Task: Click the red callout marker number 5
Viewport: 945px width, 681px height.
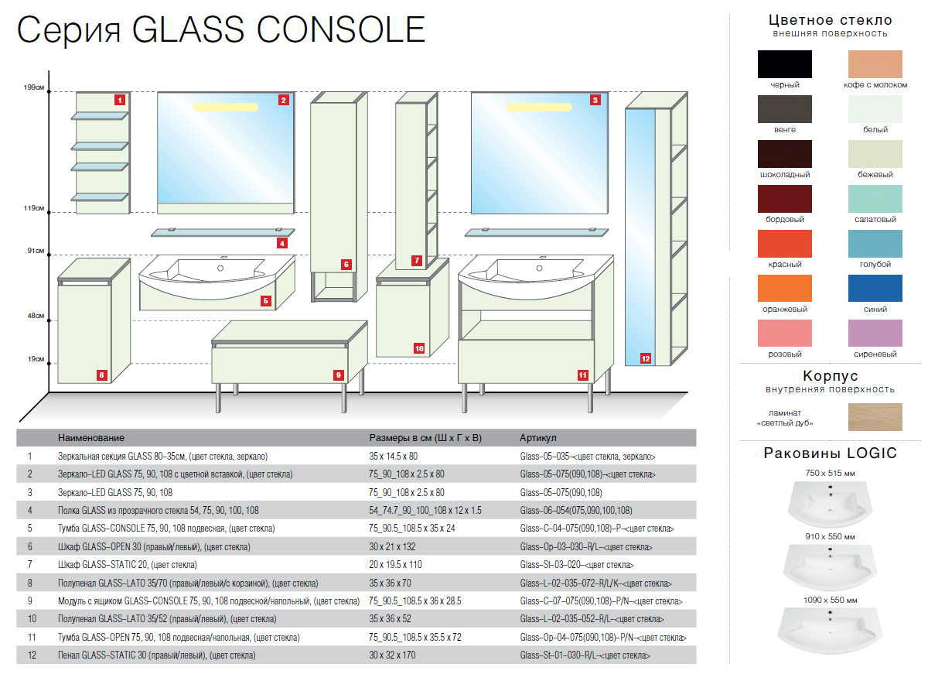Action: point(265,301)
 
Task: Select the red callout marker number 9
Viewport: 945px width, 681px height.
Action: point(338,375)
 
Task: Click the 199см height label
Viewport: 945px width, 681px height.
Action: point(34,88)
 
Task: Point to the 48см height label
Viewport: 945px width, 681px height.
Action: point(36,317)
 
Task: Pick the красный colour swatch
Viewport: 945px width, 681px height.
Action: point(785,244)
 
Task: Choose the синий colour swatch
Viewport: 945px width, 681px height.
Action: point(875,289)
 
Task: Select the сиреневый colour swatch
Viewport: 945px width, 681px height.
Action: point(875,334)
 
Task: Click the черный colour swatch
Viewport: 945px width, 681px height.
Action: point(785,64)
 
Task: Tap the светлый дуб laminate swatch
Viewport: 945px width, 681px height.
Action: point(875,417)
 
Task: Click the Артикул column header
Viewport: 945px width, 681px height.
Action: point(538,438)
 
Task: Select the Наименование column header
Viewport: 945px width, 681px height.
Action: point(90,438)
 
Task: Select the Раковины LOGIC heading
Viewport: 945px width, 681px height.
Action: point(830,453)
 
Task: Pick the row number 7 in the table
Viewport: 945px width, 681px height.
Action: point(29,565)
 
